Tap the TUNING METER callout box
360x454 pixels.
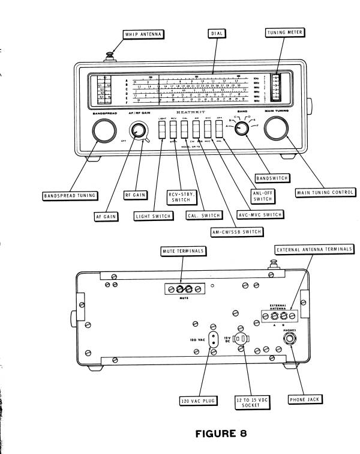(279, 35)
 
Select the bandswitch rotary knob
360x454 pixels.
(242, 130)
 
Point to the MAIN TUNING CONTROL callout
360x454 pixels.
(325, 192)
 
